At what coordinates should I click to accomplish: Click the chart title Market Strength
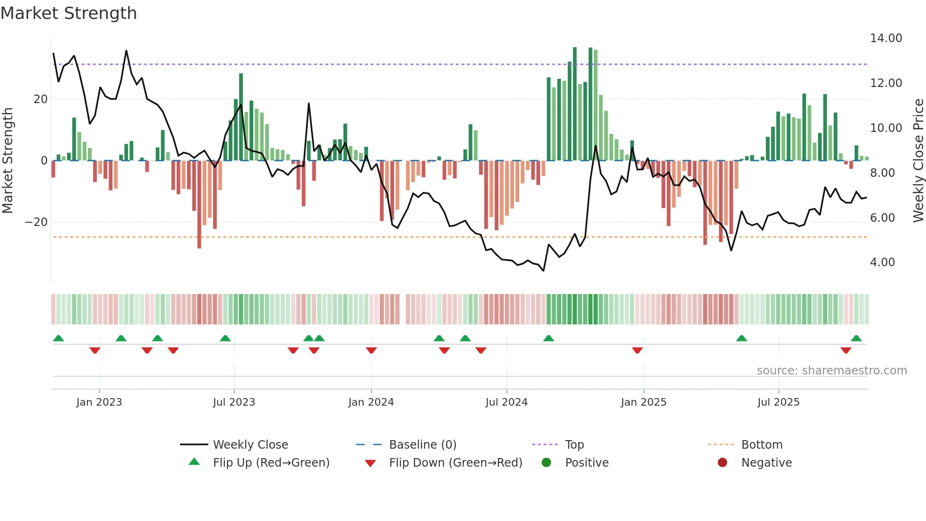point(69,13)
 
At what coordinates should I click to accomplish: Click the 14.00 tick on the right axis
point(886,38)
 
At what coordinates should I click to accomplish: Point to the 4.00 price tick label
point(882,262)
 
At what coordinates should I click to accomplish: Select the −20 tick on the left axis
point(36,222)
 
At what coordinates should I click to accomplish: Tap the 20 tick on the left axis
point(41,99)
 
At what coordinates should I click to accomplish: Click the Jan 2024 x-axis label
point(371,402)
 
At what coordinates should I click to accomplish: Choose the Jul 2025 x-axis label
point(778,402)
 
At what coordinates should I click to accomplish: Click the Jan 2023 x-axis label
point(99,402)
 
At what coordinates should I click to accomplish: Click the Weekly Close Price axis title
point(918,160)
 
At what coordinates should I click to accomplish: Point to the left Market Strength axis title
point(8,160)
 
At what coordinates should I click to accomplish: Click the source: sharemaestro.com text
point(832,371)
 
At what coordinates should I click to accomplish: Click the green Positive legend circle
point(547,463)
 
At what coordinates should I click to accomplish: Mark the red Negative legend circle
point(722,463)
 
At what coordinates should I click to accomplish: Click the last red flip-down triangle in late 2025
point(846,350)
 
